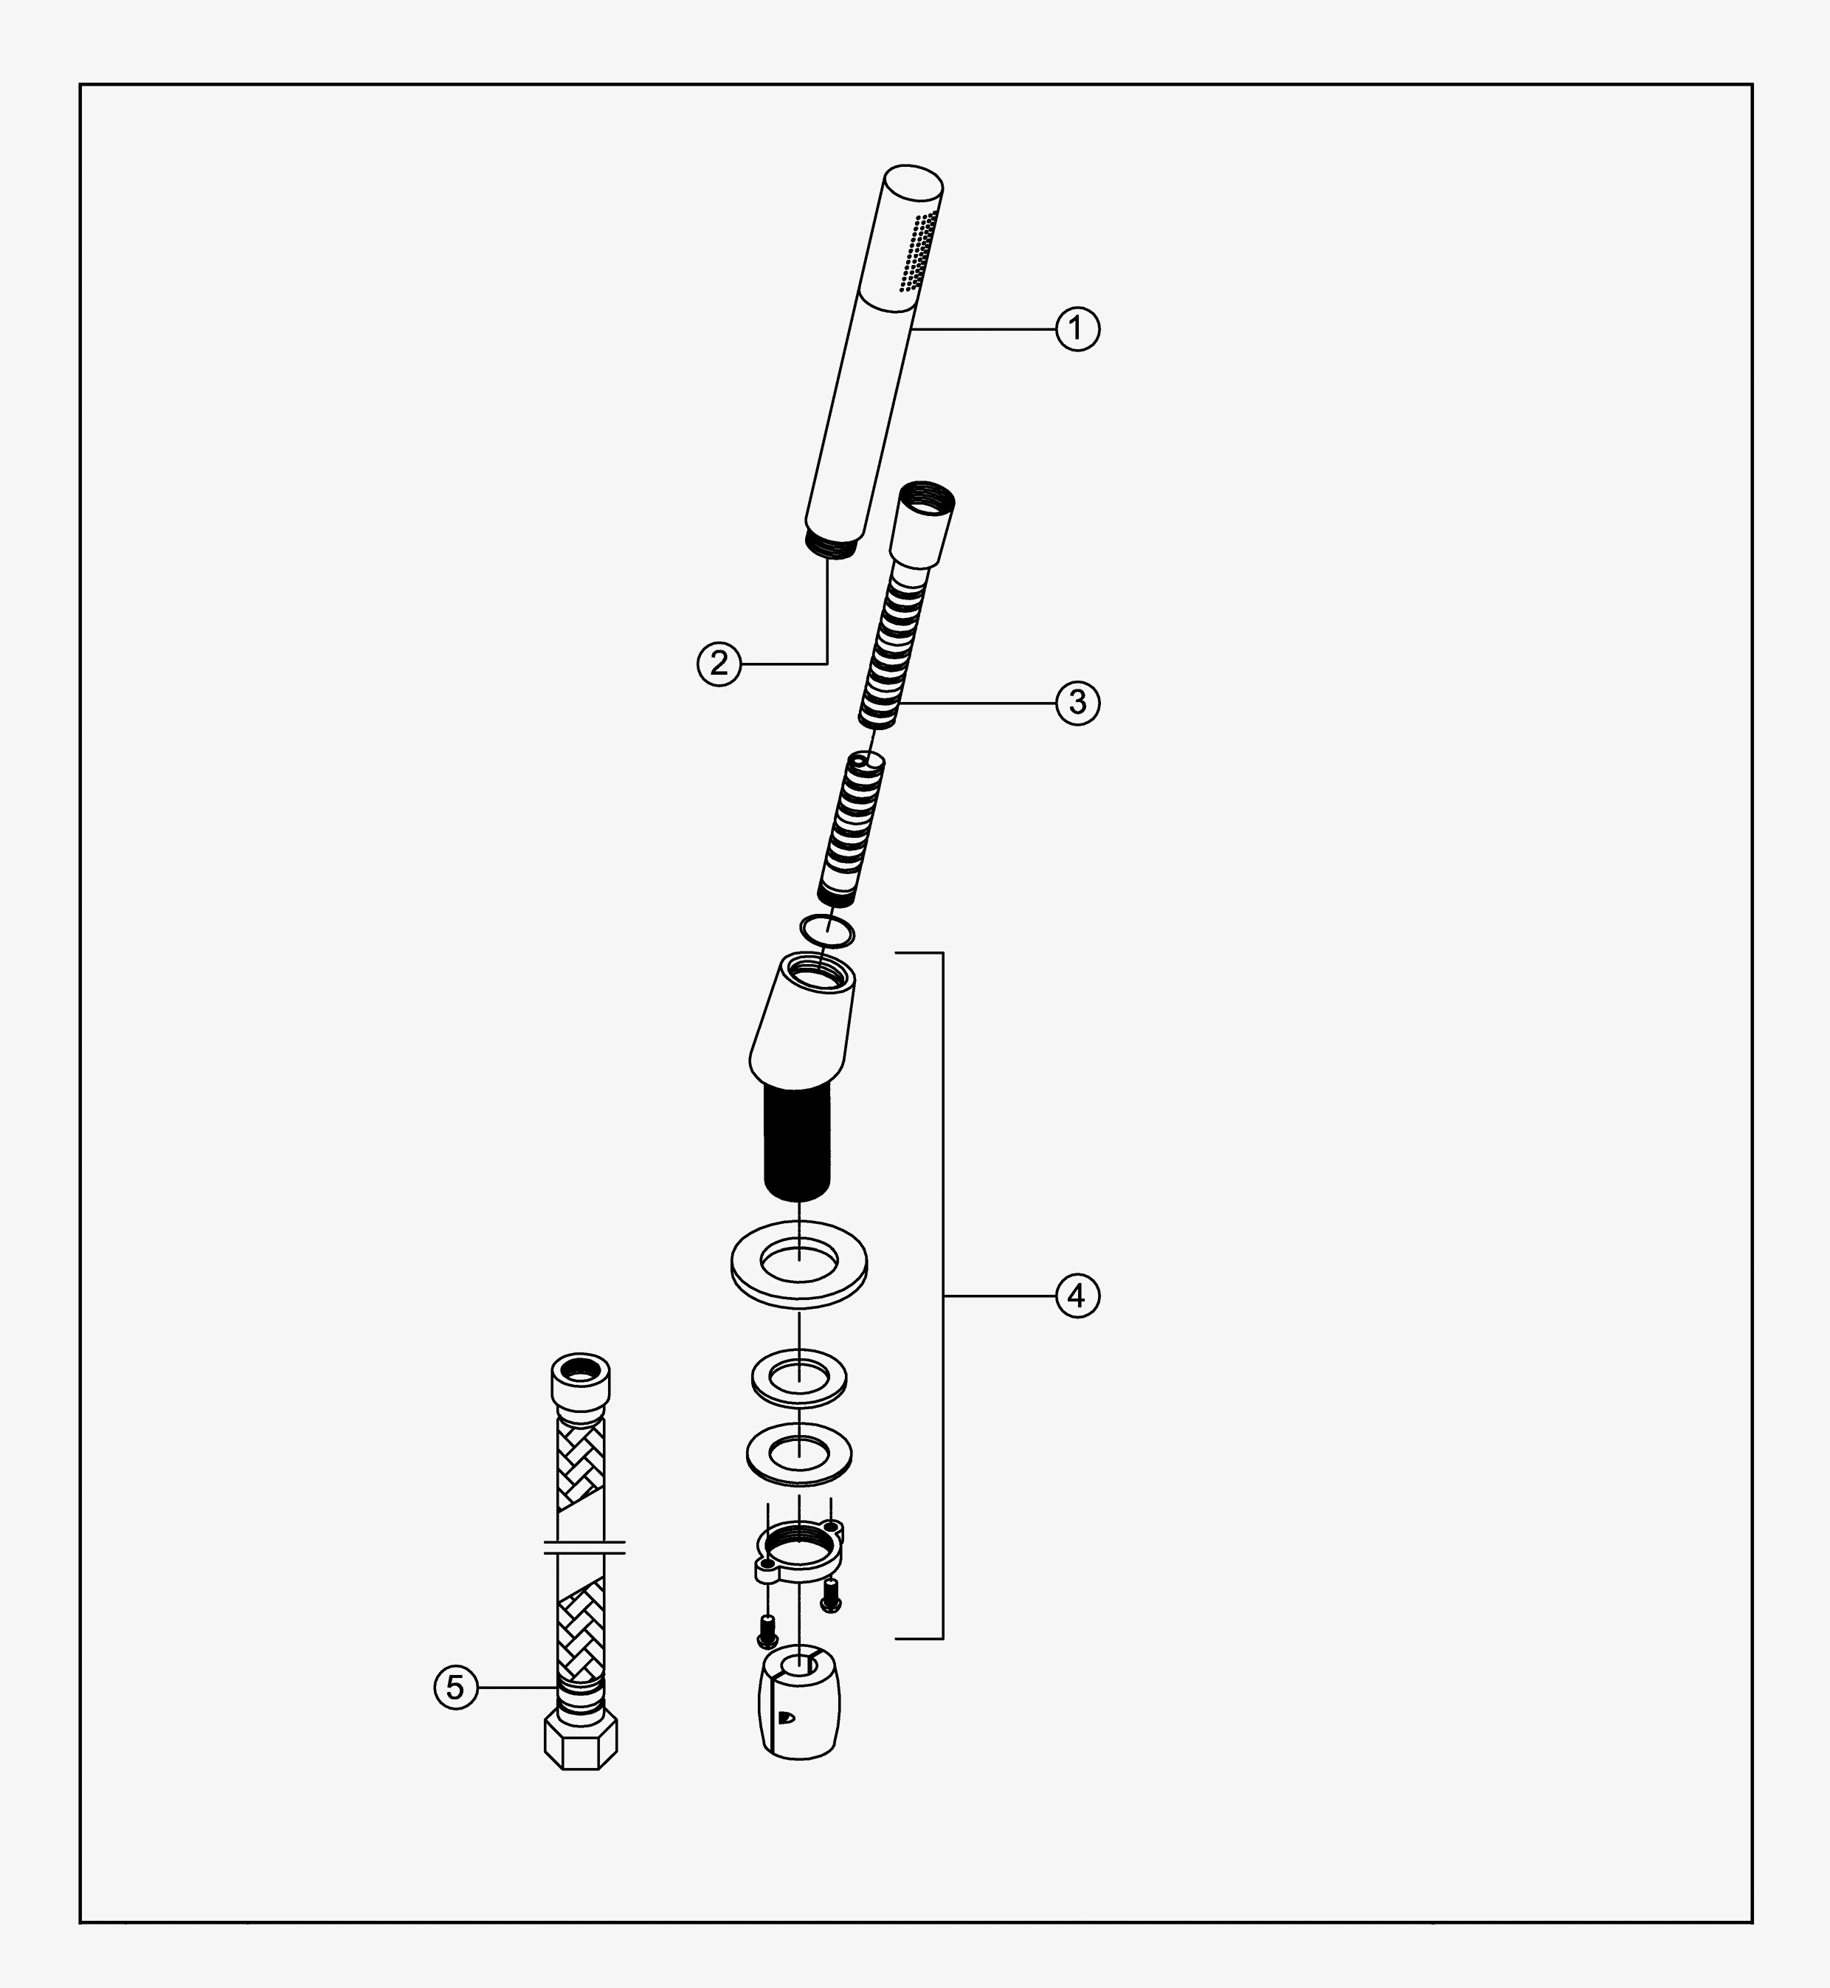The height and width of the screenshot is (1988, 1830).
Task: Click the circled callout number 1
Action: tap(1077, 329)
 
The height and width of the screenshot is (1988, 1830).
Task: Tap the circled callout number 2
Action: tap(719, 663)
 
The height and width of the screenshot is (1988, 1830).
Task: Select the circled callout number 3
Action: tap(1077, 702)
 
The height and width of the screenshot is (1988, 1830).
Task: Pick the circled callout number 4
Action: tap(1077, 1296)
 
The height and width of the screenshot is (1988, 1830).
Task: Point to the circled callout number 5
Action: tap(455, 1687)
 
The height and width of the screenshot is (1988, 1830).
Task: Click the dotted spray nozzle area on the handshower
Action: tap(917, 252)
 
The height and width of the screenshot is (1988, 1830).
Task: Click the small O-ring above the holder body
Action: tap(827, 930)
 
